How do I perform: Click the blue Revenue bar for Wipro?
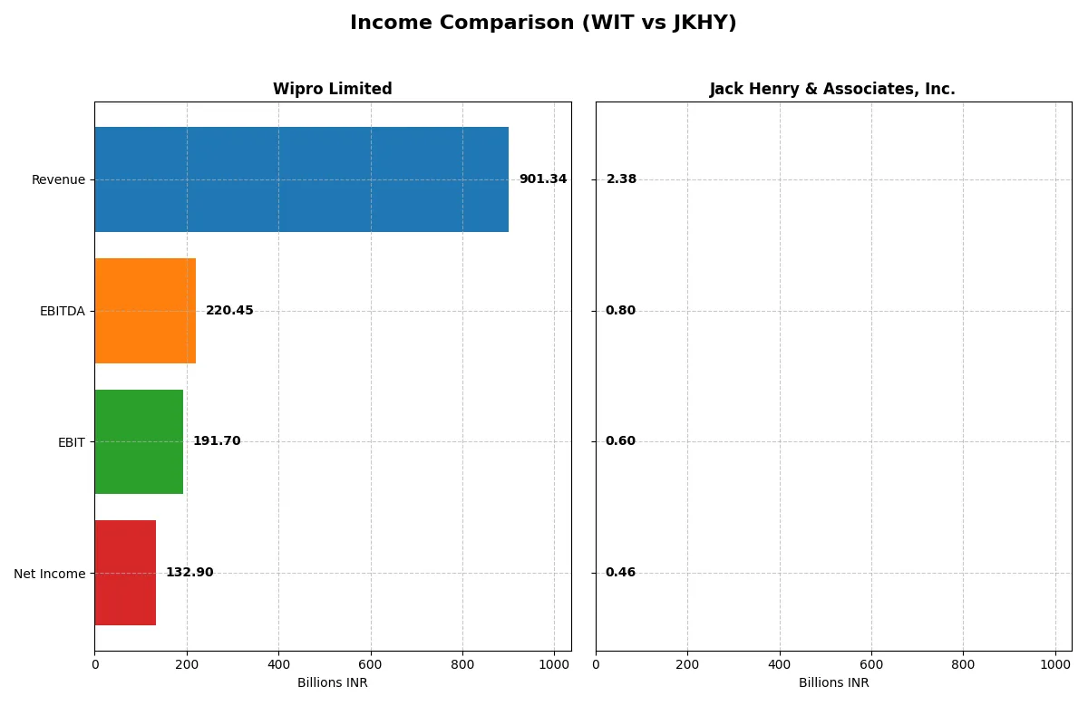click(301, 179)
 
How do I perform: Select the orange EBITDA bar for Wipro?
click(145, 311)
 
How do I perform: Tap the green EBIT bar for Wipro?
click(139, 441)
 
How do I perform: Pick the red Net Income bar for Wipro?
click(125, 573)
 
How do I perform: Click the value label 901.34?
click(542, 179)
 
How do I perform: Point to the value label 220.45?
click(229, 311)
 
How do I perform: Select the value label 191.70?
click(217, 441)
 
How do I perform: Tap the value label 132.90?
click(189, 573)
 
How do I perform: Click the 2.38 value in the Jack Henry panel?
click(621, 179)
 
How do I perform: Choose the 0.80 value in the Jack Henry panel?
click(620, 311)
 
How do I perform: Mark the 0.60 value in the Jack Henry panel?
click(620, 441)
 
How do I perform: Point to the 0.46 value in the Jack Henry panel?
click(620, 573)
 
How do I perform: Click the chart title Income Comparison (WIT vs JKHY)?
click(543, 23)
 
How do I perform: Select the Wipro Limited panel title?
click(332, 89)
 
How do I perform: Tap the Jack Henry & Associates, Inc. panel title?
click(832, 89)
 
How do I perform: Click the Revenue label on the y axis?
click(58, 179)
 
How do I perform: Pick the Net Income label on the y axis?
click(50, 574)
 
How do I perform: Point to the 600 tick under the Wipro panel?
click(370, 663)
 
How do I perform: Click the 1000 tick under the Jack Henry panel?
click(1054, 663)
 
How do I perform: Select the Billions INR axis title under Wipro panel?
click(332, 683)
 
